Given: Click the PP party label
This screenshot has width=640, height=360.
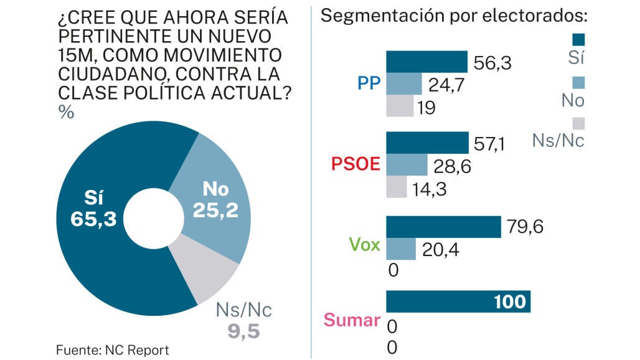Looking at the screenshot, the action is click(x=369, y=83).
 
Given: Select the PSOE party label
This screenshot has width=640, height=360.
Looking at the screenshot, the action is click(x=355, y=164).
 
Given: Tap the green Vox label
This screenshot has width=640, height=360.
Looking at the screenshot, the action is click(x=364, y=245).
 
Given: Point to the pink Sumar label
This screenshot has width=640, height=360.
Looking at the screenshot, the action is click(x=352, y=320).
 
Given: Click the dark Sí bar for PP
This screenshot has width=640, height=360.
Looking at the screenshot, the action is click(x=426, y=62).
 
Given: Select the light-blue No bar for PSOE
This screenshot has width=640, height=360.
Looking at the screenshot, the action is click(x=407, y=164).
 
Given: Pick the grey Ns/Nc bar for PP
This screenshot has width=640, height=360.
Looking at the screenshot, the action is click(x=400, y=106).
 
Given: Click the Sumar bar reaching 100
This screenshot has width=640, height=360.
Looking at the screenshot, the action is click(x=458, y=301).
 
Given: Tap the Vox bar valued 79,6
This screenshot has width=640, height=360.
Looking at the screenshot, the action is click(x=444, y=227).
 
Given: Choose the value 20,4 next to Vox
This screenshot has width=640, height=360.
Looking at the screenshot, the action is click(x=440, y=250).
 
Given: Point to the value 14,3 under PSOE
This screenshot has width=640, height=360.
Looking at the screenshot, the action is click(x=429, y=189).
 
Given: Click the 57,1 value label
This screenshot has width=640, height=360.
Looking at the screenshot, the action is click(x=489, y=144).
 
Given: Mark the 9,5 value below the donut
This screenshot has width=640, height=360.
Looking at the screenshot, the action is click(x=243, y=331).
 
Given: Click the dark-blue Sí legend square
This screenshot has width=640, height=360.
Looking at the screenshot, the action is click(x=578, y=40).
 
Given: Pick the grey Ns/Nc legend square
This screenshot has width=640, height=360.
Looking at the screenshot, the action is click(x=578, y=124).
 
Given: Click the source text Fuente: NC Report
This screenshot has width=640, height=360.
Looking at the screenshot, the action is click(x=112, y=350).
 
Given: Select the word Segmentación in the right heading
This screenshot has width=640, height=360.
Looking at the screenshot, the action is click(x=383, y=16).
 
